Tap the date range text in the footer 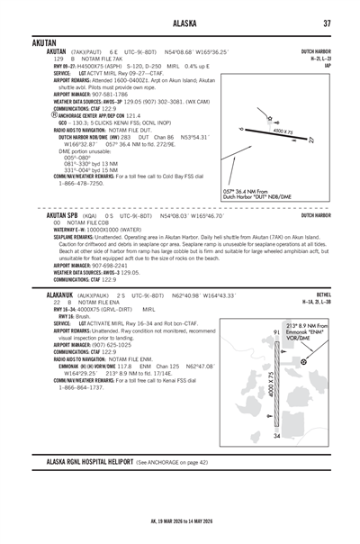click(x=180, y=521)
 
